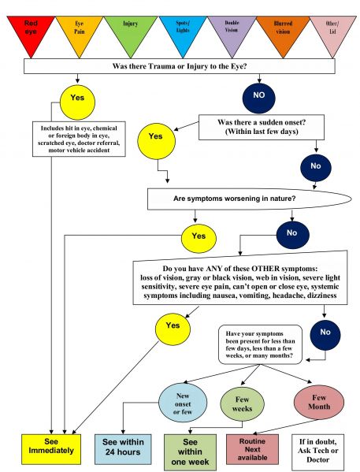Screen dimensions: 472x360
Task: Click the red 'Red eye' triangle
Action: pos(31,30)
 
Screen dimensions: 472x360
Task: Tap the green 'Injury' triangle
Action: pos(130,30)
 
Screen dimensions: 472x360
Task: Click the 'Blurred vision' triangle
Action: pos(282,30)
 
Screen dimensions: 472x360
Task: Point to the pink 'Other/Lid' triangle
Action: pos(332,30)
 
